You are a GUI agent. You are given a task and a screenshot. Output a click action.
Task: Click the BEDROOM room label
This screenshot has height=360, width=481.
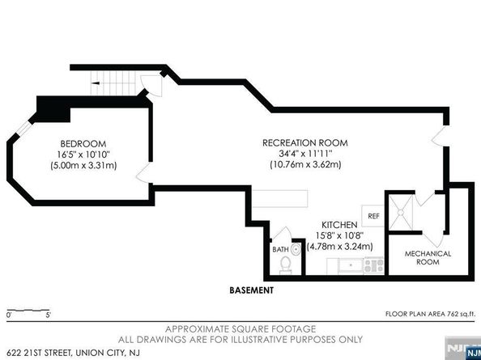(x=83, y=144)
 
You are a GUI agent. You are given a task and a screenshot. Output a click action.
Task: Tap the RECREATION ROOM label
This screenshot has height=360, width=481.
(x=305, y=142)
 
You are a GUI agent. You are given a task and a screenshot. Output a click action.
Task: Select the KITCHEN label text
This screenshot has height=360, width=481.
(x=339, y=225)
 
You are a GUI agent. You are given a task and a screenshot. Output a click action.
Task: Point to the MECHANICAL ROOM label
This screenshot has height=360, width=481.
(x=428, y=258)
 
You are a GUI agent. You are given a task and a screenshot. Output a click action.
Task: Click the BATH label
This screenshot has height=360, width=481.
(x=280, y=249)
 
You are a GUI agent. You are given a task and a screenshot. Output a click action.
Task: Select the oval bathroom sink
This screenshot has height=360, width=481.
(x=296, y=249)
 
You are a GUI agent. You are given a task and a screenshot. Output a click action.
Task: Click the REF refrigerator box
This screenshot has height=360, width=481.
(x=373, y=216)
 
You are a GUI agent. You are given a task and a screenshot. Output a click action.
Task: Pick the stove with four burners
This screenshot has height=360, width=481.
(x=373, y=265)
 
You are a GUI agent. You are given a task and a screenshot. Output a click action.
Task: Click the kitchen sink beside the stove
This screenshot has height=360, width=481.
(x=351, y=265)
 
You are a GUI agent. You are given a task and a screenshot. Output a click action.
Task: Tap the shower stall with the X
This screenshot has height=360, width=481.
(x=401, y=212)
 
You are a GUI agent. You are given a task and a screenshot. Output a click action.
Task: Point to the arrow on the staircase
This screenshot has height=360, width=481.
(x=96, y=83)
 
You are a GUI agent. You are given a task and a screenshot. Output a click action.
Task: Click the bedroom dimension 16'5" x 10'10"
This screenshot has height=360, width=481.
(x=83, y=155)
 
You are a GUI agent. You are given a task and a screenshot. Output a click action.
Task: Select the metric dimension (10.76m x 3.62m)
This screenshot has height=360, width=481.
(x=305, y=164)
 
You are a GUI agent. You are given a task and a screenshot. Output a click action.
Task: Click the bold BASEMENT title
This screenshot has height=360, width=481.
(x=252, y=290)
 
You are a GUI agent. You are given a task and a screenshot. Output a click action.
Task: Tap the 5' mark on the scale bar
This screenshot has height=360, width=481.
(x=48, y=315)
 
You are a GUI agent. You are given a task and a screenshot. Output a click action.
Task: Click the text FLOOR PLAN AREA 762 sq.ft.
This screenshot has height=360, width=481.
(x=430, y=314)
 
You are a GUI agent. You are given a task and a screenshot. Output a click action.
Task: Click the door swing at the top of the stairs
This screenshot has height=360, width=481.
(x=151, y=86)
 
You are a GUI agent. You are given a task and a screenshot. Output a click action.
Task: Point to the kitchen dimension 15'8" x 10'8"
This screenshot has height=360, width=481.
(x=339, y=235)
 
